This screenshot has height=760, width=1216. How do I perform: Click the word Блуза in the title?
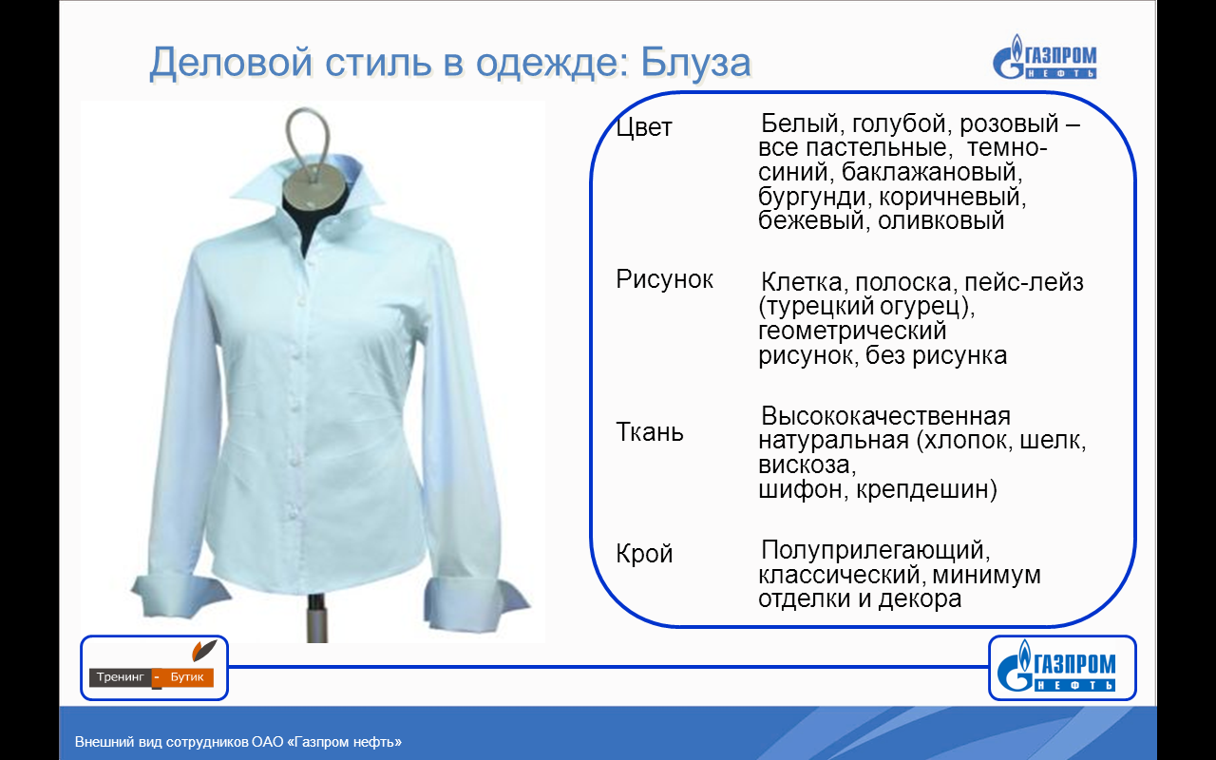point(696,62)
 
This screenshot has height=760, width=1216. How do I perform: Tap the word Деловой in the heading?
point(231,64)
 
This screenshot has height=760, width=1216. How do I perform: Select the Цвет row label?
point(644,127)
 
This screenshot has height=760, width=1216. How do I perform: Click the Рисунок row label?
point(664,280)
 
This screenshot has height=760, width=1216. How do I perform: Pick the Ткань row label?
point(650,432)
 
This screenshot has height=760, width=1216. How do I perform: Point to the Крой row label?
point(644,554)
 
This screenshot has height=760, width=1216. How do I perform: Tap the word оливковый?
point(941,220)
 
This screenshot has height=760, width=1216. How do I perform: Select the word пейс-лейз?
point(1024,282)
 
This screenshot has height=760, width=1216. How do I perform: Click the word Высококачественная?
point(886,416)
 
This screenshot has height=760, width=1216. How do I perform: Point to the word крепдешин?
point(926,489)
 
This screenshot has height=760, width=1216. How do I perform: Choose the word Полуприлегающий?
point(876,550)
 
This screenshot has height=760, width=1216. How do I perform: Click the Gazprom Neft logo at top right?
point(1044,58)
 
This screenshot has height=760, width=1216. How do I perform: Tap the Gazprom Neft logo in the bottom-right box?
point(1055,667)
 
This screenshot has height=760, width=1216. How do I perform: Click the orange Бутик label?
point(187,677)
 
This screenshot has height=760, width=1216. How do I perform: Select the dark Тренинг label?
point(121,677)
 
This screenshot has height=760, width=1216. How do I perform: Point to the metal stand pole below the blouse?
point(316,618)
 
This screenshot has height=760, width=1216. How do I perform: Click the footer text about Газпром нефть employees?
point(238,742)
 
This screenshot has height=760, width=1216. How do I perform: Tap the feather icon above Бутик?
point(204,651)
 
